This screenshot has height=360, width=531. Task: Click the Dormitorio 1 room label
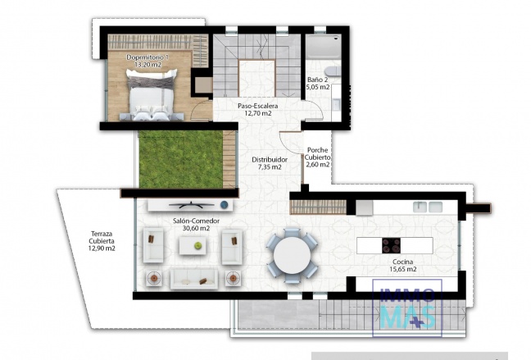pos(147,62)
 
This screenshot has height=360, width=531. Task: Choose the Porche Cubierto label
pos(317,157)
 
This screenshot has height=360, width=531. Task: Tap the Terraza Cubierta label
pos(102,243)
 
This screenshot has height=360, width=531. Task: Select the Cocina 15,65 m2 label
pos(397,265)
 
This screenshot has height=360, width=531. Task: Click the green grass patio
pos(170,159)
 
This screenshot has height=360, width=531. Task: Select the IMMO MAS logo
pos(407,308)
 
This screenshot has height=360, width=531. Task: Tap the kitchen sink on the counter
pos(428,206)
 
